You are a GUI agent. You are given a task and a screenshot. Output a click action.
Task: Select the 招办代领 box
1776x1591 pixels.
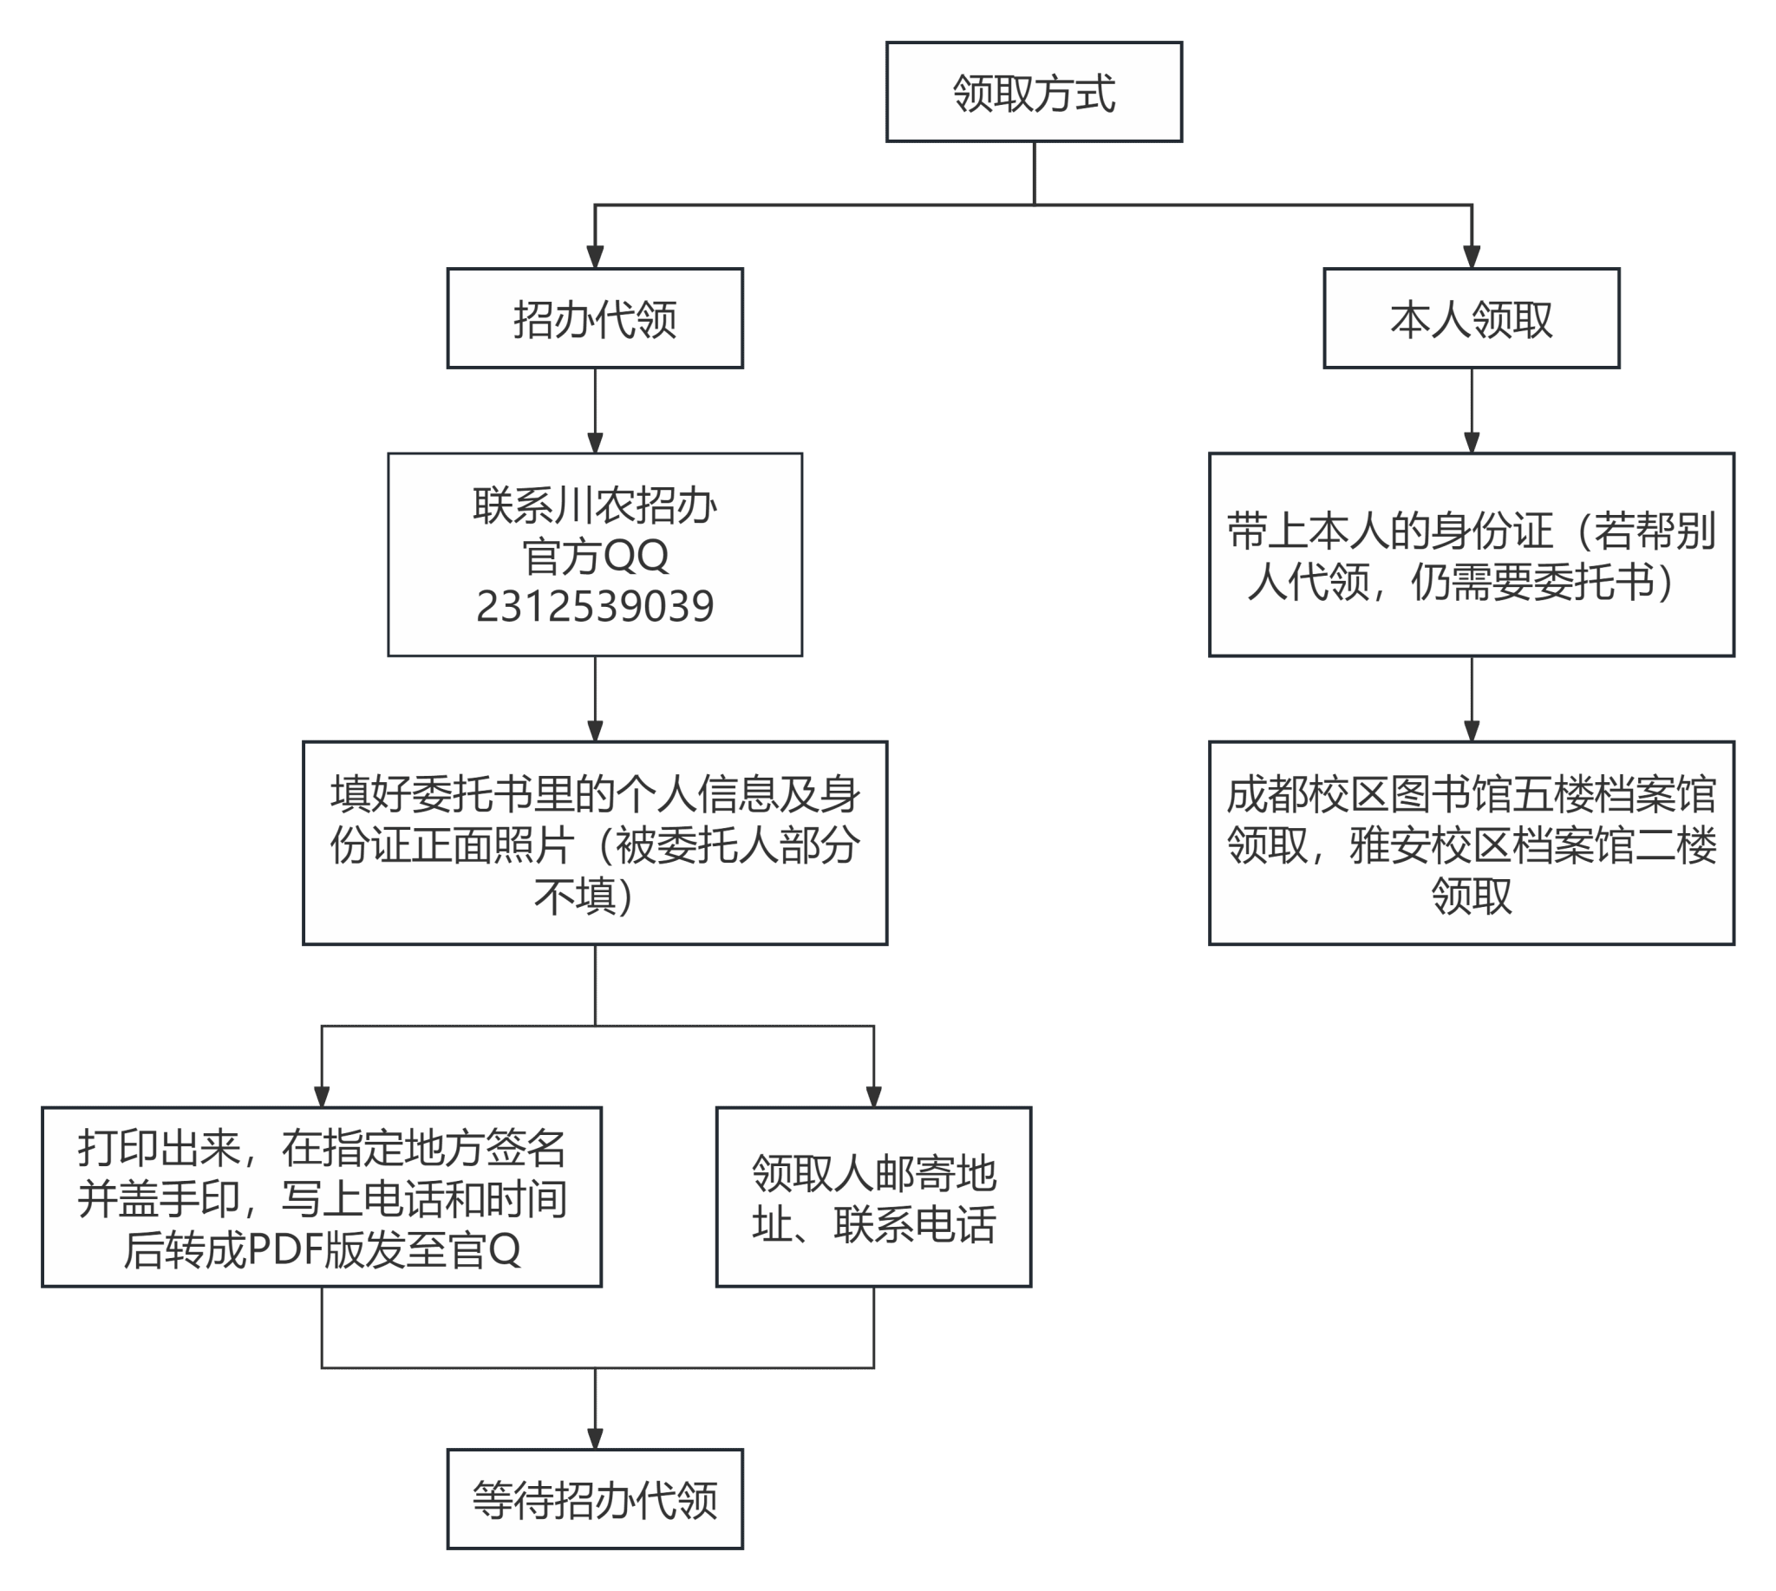pos(595,318)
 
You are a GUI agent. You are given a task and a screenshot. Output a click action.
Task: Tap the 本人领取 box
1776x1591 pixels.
pos(1472,318)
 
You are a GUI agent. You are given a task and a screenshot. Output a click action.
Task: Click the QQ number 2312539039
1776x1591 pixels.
pos(595,606)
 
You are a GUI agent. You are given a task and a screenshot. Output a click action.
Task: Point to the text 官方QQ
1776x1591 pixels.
pos(595,556)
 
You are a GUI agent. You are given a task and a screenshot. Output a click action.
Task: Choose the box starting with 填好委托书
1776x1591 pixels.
pos(595,843)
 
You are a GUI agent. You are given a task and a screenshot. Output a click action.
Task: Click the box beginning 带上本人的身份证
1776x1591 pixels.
pos(1472,555)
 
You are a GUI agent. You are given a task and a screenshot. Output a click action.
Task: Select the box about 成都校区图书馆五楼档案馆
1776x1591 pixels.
pos(1472,843)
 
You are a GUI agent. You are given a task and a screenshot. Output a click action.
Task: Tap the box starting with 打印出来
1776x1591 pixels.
pos(322,1197)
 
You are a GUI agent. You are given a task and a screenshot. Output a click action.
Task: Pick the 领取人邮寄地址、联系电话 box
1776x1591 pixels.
pos(873,1197)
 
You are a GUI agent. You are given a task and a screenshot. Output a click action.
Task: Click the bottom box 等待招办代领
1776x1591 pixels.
pos(595,1499)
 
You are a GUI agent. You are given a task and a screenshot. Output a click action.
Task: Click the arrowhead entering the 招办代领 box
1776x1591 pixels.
pos(595,257)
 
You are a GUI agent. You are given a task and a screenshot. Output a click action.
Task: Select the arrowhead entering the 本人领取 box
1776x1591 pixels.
pos(1472,257)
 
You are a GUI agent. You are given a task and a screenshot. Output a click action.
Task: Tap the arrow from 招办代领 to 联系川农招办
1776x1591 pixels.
pos(595,411)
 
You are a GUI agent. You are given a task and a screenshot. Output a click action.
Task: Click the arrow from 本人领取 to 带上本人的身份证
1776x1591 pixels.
pos(1472,411)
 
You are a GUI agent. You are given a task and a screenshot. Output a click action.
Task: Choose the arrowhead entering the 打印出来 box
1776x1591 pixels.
pos(322,1096)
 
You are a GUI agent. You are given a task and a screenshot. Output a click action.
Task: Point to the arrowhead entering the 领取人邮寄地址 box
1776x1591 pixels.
pos(873,1096)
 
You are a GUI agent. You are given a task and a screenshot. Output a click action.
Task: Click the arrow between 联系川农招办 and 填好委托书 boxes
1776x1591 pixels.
pos(595,700)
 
